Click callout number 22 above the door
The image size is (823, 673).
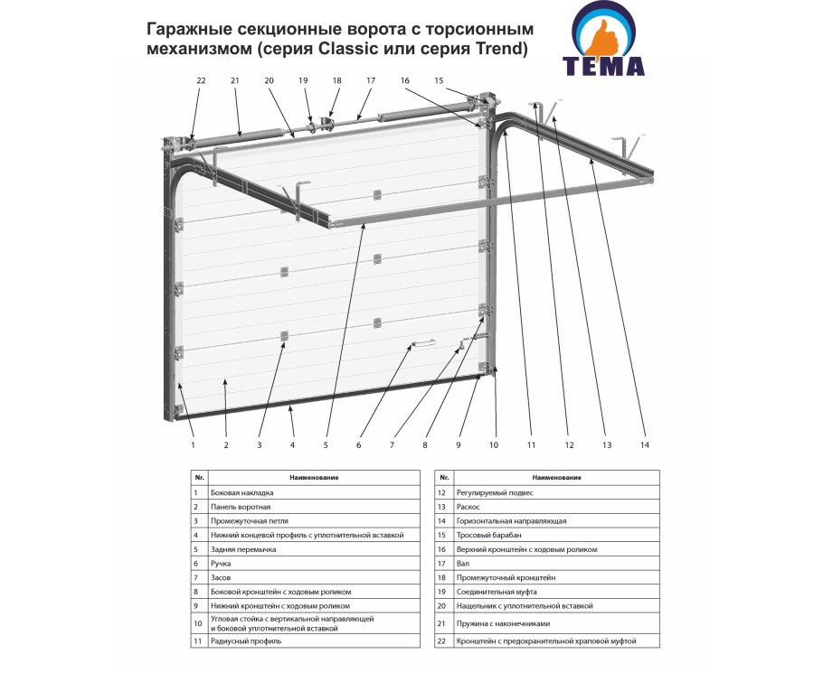(201, 81)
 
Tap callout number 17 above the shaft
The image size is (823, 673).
(370, 81)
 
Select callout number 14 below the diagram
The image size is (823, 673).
(644, 445)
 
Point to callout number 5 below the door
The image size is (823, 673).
(326, 445)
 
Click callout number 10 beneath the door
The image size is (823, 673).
(494, 445)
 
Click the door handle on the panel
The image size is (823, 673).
(422, 344)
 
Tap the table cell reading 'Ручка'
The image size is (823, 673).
(220, 563)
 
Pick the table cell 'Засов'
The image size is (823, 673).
(220, 576)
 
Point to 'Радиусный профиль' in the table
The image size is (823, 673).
(245, 640)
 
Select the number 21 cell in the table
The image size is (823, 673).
(440, 623)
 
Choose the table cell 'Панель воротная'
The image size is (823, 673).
(240, 507)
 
